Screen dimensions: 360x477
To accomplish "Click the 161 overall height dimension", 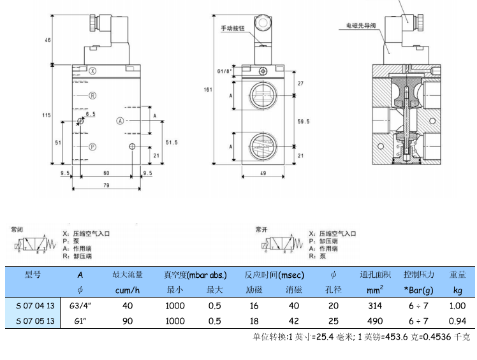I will (207, 89).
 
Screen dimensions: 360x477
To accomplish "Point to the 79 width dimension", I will (106, 185).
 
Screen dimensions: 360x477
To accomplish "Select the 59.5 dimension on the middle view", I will (303, 120).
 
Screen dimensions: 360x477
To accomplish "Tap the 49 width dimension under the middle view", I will (261, 173).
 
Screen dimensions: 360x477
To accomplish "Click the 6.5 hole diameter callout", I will (91, 114).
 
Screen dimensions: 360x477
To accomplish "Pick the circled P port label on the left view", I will (92, 147).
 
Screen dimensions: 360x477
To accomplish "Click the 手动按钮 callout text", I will (233, 29).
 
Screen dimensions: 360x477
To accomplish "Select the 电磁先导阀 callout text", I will (361, 25).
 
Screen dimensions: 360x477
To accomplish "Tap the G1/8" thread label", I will (224, 71).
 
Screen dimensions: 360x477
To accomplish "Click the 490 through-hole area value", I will (375, 320).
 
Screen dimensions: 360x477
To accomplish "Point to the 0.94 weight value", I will (457, 320).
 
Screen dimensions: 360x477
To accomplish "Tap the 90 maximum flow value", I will (128, 320).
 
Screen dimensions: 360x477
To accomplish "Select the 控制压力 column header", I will (418, 275).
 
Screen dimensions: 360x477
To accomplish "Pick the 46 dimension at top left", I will (48, 40).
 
